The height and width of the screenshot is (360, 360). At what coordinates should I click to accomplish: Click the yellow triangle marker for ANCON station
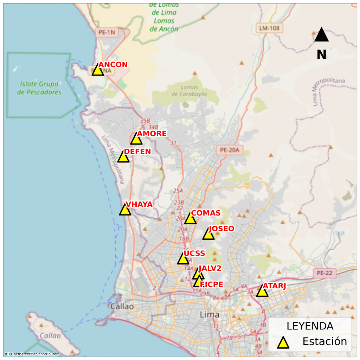click(x=98, y=70)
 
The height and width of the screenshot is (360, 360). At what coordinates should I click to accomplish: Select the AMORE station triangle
click(x=136, y=140)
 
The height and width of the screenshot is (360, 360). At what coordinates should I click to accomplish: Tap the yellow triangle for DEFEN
click(x=123, y=157)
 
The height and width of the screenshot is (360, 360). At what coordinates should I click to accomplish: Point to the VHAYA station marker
click(x=125, y=210)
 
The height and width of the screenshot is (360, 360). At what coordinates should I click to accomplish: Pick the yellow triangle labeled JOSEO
click(x=208, y=234)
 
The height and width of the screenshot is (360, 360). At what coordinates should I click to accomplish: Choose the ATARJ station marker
click(x=262, y=291)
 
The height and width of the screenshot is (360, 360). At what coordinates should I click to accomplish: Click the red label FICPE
click(x=211, y=284)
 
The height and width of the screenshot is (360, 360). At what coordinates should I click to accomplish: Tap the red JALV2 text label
click(x=210, y=268)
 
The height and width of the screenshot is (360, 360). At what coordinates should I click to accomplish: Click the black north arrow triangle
click(x=321, y=36)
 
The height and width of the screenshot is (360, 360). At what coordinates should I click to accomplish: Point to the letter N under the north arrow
click(x=321, y=54)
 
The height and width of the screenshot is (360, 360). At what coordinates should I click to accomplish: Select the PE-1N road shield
click(x=107, y=32)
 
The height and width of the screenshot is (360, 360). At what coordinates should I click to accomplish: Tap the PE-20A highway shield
click(x=229, y=150)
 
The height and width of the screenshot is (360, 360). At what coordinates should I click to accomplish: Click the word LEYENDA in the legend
click(x=310, y=326)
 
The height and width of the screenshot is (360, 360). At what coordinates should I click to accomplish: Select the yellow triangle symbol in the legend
click(x=283, y=342)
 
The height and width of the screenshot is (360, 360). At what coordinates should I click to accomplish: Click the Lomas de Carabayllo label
click(x=189, y=91)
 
